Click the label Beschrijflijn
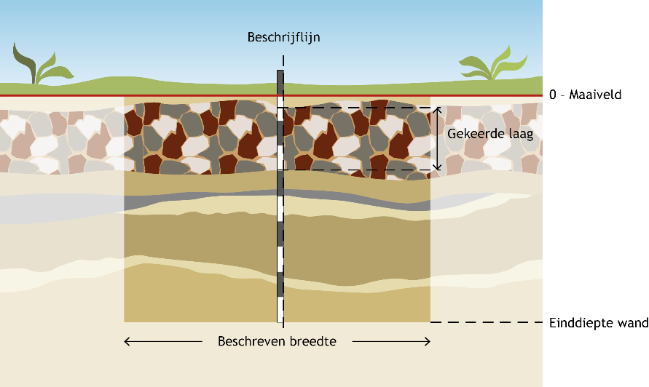click(x=283, y=37)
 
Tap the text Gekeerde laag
click(x=490, y=134)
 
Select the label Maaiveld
click(x=595, y=95)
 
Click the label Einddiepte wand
click(x=599, y=323)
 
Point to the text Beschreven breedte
click(x=277, y=341)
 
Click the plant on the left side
click(x=42, y=64)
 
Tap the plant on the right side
click(x=493, y=63)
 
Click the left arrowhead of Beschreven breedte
click(x=127, y=341)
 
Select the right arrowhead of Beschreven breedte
click(x=428, y=341)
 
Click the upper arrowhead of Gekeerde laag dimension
click(x=438, y=110)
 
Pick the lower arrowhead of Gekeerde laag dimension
click(x=438, y=167)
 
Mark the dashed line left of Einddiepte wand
click(x=487, y=322)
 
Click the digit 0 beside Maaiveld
click(x=553, y=95)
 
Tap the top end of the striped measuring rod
click(x=280, y=71)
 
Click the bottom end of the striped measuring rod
click(x=280, y=322)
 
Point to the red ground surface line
click(x=271, y=95)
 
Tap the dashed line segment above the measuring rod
click(x=283, y=61)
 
